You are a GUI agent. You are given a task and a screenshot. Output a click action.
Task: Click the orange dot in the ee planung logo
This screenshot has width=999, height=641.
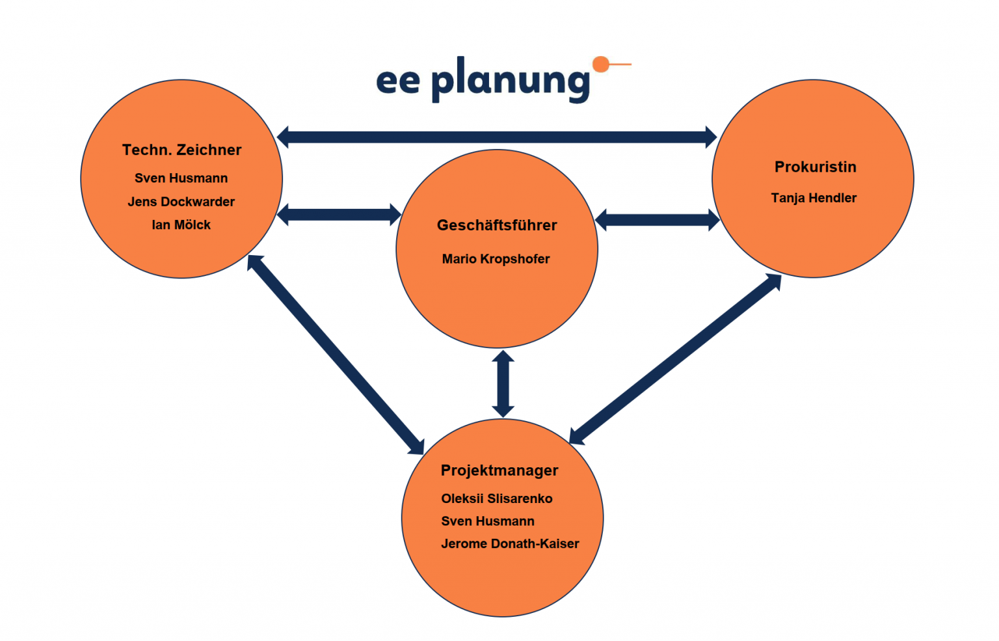click(601, 64)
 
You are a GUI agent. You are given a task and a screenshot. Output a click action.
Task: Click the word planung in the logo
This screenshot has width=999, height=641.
click(511, 80)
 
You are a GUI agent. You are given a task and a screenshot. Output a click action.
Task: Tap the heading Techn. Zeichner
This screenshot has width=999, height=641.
click(181, 150)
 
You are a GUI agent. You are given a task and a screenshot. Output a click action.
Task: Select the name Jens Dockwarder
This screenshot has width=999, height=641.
click(181, 202)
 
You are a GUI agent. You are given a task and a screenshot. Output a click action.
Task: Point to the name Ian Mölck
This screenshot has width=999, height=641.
click(181, 225)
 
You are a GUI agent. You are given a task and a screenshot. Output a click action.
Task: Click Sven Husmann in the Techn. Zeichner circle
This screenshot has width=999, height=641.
click(181, 178)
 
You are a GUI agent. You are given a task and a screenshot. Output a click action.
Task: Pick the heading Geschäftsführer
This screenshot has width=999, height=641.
click(497, 225)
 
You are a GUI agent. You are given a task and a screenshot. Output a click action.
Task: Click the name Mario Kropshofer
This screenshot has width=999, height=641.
click(496, 259)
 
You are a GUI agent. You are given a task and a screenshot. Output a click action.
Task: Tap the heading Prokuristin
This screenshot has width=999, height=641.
click(815, 167)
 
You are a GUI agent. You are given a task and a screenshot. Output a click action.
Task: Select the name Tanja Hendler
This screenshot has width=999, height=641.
click(814, 198)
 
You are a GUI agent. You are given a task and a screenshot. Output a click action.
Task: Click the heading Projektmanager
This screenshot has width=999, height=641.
click(499, 471)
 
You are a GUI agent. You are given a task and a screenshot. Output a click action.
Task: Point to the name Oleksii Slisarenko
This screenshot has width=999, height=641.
click(497, 498)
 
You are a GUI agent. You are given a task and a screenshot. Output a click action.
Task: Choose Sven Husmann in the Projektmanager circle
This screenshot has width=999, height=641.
click(488, 521)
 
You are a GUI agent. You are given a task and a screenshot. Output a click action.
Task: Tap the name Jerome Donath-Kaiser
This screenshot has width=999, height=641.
click(510, 543)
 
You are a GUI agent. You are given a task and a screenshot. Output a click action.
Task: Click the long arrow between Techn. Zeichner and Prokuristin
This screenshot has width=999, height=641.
click(497, 137)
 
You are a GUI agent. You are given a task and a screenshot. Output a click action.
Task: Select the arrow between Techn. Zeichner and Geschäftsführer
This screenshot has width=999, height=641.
click(339, 214)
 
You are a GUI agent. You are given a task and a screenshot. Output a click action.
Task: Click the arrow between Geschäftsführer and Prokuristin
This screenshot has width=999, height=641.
click(657, 220)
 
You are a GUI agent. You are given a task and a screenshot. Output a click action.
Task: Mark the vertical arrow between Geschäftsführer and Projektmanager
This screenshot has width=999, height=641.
click(503, 384)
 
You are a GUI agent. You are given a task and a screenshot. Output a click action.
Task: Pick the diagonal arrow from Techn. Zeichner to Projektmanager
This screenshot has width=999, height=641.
click(336, 355)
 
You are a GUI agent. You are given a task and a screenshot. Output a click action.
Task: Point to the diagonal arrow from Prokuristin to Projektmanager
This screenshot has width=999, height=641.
click(675, 359)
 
